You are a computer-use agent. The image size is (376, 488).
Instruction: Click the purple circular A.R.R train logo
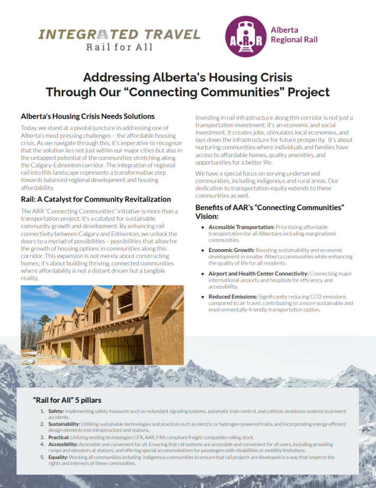tap(245, 35)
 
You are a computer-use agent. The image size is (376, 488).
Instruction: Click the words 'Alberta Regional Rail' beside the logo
tap(294, 35)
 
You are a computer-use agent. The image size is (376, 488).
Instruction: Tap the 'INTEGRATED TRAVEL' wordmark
tap(120, 35)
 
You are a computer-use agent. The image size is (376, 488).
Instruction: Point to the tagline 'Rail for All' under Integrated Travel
tap(120, 47)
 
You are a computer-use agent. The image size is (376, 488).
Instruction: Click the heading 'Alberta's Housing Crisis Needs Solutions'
tap(88, 116)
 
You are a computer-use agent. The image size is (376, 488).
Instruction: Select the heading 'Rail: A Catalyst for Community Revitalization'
tap(96, 199)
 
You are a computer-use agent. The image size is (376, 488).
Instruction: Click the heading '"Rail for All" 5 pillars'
tap(67, 400)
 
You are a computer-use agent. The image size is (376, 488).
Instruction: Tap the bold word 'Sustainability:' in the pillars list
tap(64, 424)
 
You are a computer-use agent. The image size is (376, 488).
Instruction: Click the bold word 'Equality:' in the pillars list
tap(58, 457)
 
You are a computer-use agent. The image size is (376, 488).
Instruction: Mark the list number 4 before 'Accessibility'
tap(42, 444)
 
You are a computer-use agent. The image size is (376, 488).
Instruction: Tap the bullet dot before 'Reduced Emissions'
tap(203, 297)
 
